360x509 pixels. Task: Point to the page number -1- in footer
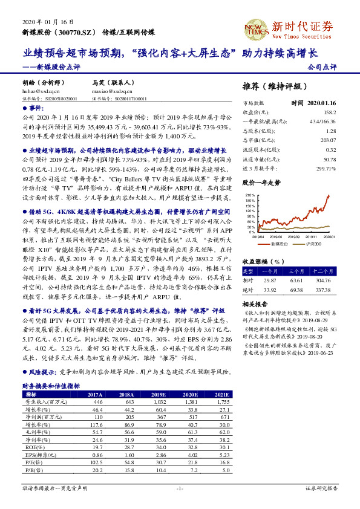(180, 487)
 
